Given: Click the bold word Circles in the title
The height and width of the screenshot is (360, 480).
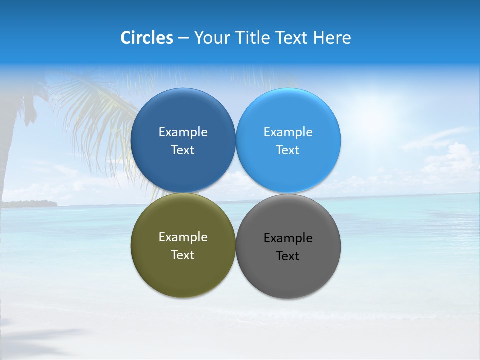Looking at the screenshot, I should (x=147, y=38).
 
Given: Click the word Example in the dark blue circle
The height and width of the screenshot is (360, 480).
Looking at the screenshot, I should (x=183, y=132).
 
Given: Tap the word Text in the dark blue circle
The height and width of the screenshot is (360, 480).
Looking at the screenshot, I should (x=183, y=150).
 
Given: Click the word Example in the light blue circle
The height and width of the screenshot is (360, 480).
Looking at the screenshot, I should (x=288, y=132).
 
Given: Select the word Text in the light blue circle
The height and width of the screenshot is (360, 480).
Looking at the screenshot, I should (x=288, y=150).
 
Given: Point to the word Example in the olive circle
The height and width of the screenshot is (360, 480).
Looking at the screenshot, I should (x=183, y=237).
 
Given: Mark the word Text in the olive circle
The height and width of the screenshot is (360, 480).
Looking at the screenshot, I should (x=183, y=255).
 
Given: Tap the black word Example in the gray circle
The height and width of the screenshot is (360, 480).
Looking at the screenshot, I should (x=288, y=238).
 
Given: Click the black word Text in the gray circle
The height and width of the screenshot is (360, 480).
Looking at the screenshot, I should (x=288, y=256).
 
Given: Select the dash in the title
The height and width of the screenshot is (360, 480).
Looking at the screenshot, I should (x=183, y=38).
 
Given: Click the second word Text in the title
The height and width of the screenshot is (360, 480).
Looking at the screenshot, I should (x=293, y=38).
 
